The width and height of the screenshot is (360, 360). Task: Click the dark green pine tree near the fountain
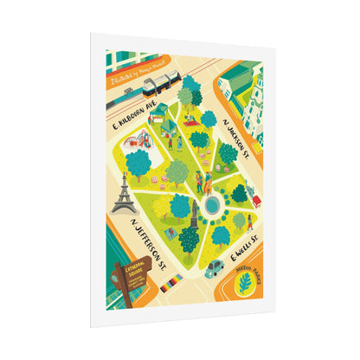pos(239,193)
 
